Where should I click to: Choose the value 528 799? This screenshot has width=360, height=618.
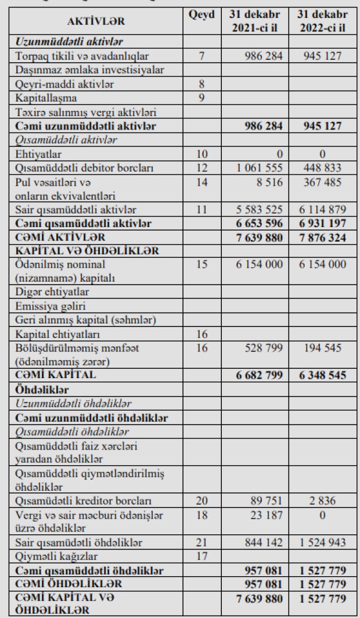[x=267, y=347]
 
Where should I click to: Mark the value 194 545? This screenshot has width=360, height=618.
[x=327, y=347]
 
